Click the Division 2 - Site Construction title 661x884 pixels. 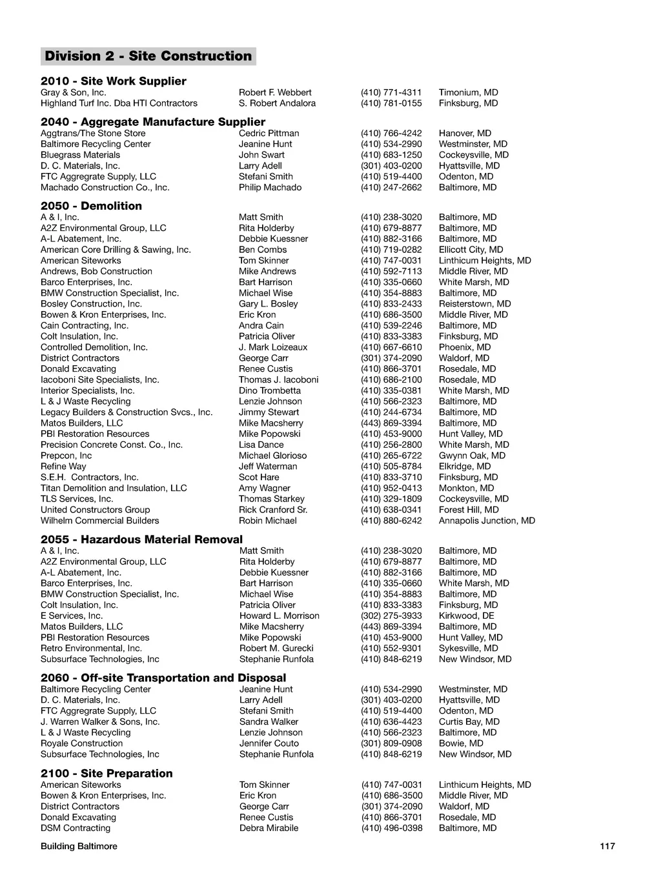(148, 56)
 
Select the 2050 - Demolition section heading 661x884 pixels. (91, 206)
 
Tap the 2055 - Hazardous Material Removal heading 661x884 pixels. (141, 539)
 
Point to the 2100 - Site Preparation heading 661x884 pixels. (107, 773)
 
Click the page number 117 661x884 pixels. (607, 846)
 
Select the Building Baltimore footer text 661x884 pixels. (79, 846)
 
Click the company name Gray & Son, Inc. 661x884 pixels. (73, 92)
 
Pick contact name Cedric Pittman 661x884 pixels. (269, 133)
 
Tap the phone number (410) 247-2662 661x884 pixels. (391, 187)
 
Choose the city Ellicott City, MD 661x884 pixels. (471, 250)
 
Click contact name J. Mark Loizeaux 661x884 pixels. (273, 347)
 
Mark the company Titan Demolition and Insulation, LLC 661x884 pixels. (114, 488)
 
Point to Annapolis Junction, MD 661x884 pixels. (487, 521)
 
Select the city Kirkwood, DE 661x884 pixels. (466, 616)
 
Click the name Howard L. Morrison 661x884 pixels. (279, 616)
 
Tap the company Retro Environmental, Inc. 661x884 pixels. (91, 648)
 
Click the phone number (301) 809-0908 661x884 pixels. (391, 743)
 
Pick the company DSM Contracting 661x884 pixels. (76, 828)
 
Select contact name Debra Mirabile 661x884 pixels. (269, 828)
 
